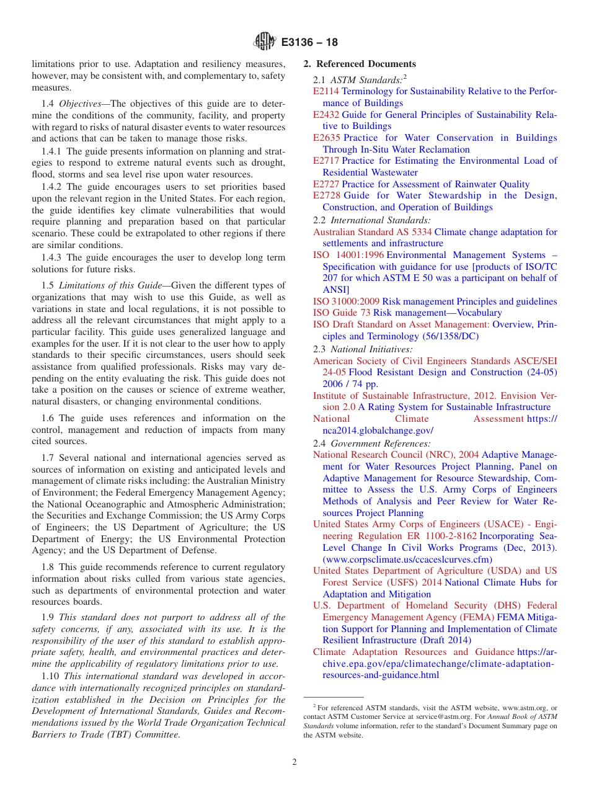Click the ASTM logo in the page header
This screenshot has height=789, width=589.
pos(264,42)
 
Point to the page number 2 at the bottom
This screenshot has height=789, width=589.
pos(294,762)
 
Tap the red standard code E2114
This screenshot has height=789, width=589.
pos(326,91)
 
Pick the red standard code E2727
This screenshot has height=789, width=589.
pos(326,184)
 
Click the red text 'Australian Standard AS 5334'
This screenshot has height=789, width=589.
pos(372,232)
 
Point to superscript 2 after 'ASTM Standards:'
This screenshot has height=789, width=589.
pos(405,77)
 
